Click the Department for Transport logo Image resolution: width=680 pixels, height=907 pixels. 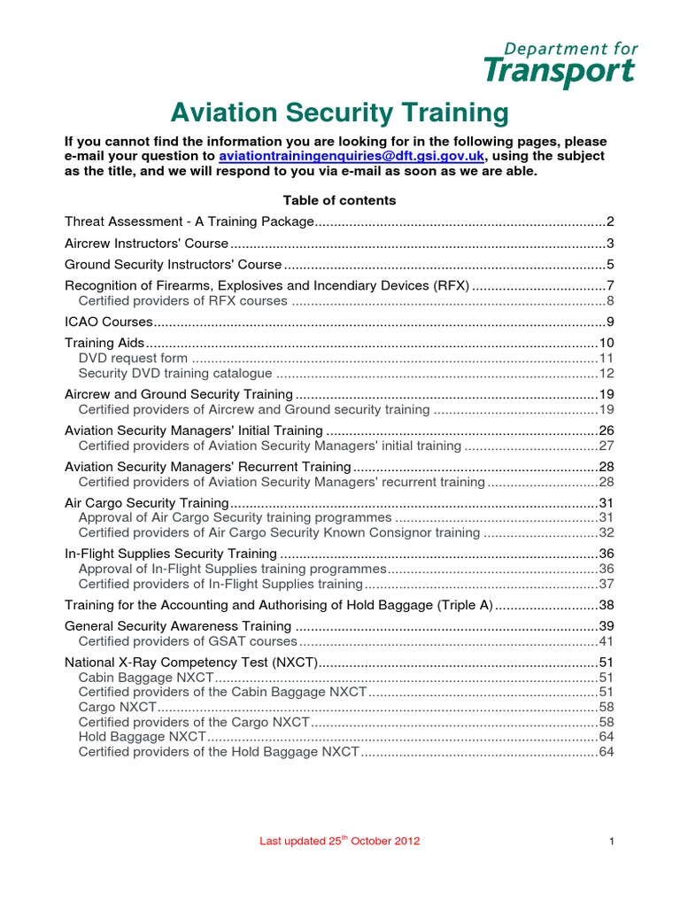560,65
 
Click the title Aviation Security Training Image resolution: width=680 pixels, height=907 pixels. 339,113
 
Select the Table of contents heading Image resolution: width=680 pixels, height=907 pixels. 339,200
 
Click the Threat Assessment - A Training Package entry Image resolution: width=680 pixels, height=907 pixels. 189,221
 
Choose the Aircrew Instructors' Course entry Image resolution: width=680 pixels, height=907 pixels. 146,244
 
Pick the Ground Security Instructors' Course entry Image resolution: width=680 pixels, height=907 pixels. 174,265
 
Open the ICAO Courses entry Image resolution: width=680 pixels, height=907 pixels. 109,322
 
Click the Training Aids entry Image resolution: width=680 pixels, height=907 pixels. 104,343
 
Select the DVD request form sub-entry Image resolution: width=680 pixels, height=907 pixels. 133,358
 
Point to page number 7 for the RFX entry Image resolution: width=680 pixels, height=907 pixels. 610,286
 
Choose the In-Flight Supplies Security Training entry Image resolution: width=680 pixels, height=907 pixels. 171,554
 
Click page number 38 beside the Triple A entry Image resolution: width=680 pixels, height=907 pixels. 607,605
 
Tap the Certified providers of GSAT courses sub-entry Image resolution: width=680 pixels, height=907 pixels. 188,641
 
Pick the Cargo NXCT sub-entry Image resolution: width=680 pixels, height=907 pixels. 117,708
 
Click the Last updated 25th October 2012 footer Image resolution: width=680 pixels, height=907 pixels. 339,841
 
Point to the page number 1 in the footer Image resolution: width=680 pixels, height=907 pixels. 612,841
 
